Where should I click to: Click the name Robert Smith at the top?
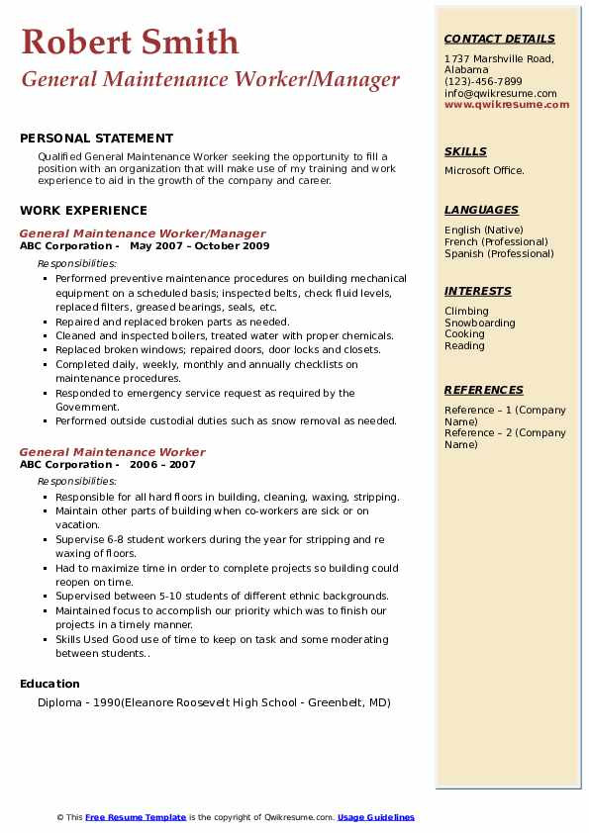130,42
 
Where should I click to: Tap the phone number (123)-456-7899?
483,82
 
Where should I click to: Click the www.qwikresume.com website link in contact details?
507,105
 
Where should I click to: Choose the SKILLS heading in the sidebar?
465,152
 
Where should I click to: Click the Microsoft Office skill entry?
484,171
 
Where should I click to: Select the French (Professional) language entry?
496,242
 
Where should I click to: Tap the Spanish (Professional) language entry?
499,254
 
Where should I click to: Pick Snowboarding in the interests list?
480,324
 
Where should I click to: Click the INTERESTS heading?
478,292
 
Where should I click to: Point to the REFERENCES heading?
483,391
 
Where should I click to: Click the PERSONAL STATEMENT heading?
96,139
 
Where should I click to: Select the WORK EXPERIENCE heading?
83,211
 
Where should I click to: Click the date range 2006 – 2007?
162,465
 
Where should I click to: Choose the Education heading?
49,684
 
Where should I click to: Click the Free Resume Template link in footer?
136,818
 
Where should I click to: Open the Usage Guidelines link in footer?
375,818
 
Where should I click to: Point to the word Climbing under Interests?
466,312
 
